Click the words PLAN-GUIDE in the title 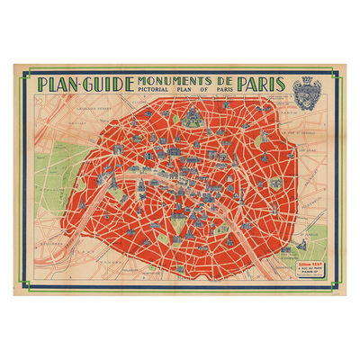tap(85, 84)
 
